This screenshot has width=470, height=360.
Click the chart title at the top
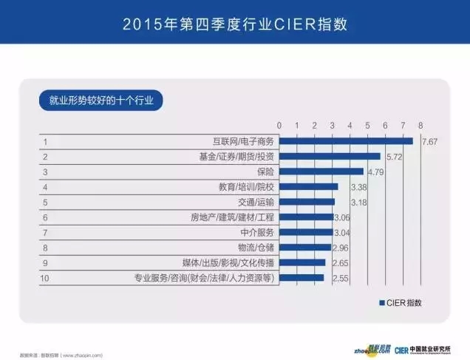tap(235, 25)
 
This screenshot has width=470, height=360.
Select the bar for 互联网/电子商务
tap(346, 141)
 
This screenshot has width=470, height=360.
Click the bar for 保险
tap(321, 171)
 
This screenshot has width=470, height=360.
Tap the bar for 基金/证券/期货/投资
tap(330, 157)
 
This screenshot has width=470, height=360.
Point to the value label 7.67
tap(430, 141)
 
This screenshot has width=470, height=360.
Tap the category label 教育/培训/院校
tap(247, 187)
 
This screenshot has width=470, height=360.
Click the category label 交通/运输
tap(256, 202)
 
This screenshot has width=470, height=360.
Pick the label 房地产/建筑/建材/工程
tap(232, 217)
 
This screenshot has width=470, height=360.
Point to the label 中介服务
tap(256, 233)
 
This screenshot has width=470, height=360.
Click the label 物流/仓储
tap(256, 248)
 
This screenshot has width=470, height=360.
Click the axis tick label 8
tap(420, 125)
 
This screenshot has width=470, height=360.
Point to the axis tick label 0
tap(279, 125)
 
